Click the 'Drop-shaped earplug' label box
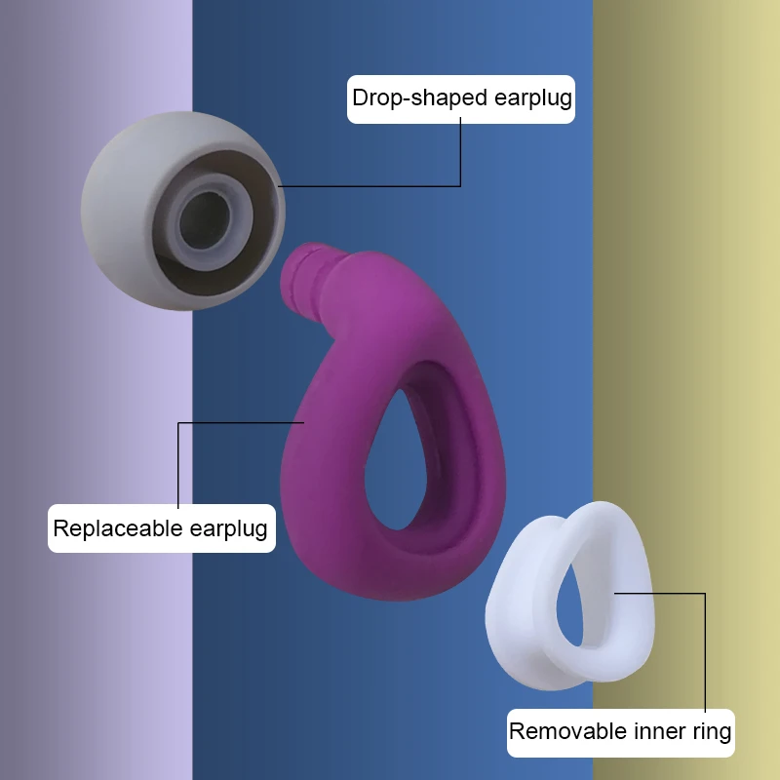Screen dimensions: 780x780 click(461, 98)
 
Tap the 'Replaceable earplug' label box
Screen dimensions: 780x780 click(161, 529)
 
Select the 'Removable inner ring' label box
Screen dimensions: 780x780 click(620, 731)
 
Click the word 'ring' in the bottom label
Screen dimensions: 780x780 click(712, 731)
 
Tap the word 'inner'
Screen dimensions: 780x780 click(661, 731)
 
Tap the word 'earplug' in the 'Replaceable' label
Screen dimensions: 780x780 click(227, 529)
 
